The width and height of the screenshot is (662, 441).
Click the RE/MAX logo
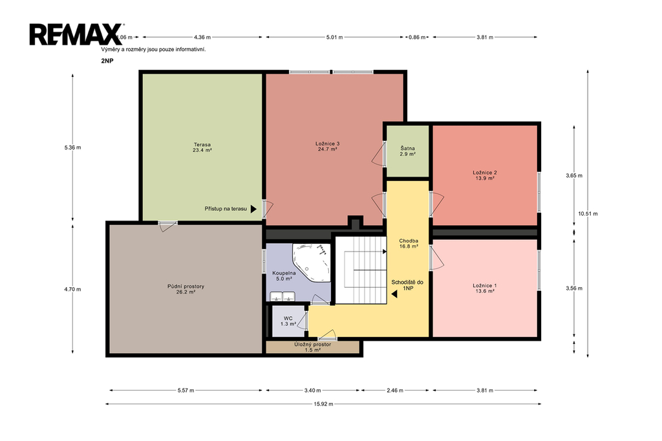(x=76, y=34)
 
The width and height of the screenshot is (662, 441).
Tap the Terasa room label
(x=202, y=147)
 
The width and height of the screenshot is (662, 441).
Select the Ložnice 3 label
(x=327, y=146)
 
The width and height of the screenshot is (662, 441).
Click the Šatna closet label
(x=407, y=151)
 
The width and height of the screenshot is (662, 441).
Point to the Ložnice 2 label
(x=485, y=175)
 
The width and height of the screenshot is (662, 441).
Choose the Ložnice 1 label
(x=485, y=288)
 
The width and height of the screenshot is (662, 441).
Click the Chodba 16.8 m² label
(x=409, y=244)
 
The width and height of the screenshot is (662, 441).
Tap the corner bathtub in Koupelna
(x=312, y=263)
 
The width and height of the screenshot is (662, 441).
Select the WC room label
(x=288, y=321)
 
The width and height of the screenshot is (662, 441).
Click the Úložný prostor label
(x=312, y=347)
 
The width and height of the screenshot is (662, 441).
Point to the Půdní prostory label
(x=186, y=289)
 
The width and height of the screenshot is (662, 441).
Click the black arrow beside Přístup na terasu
(x=253, y=209)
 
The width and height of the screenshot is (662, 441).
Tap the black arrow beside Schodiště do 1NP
(x=394, y=294)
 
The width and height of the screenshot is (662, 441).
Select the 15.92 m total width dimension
(x=323, y=404)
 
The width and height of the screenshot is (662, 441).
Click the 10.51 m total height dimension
(x=588, y=214)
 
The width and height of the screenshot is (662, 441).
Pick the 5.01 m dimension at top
(x=334, y=37)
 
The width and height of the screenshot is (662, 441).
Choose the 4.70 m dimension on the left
(x=72, y=289)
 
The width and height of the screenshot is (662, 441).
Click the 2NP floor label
(x=107, y=60)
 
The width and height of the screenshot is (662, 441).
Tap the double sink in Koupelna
(x=283, y=297)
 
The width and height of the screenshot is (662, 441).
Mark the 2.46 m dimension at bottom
(x=395, y=391)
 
